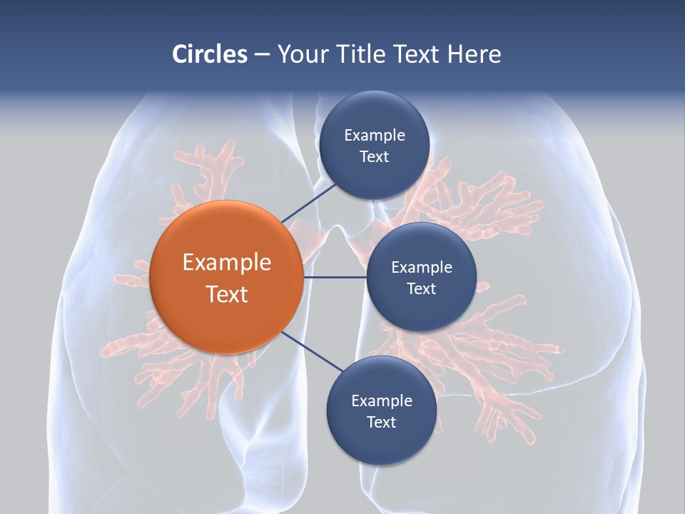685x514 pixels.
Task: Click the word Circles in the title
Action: (209, 54)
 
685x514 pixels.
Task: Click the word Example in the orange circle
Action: (227, 262)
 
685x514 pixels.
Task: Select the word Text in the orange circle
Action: (227, 294)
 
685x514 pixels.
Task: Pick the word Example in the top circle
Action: (375, 135)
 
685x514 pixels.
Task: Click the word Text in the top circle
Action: (374, 156)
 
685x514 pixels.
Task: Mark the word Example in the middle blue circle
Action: (422, 267)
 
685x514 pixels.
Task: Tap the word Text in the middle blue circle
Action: (421, 288)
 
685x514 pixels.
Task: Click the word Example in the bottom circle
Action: (382, 400)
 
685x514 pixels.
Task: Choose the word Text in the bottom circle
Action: (381, 422)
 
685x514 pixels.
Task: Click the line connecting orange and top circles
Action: (309, 202)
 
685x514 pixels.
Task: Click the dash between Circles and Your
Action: (262, 55)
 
